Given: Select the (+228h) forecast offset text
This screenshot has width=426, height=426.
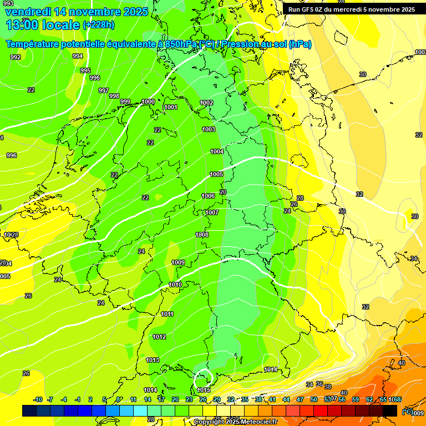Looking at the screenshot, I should [99, 25].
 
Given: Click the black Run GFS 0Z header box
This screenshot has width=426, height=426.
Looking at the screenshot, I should [351, 9].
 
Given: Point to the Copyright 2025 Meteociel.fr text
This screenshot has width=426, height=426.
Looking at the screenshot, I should [235, 422].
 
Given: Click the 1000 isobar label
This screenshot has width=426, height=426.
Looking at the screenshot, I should [148, 102].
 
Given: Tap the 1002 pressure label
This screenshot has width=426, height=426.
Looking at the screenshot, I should [206, 103].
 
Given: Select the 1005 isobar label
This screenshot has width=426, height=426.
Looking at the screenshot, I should [216, 174].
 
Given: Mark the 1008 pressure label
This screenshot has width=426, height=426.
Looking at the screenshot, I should [202, 235].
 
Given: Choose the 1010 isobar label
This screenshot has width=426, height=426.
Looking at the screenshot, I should [175, 285].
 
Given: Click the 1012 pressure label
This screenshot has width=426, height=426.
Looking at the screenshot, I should [159, 337].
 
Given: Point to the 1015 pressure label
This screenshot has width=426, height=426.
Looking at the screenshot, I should [204, 390].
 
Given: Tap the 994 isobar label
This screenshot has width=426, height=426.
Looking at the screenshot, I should [78, 56].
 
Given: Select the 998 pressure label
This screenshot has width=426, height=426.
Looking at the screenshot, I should [114, 96].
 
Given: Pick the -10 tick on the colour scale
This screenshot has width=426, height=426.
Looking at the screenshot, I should [38, 399].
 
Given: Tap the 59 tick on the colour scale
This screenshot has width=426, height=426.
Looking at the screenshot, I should [355, 399].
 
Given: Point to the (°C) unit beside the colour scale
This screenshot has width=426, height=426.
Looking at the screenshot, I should [407, 411].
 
